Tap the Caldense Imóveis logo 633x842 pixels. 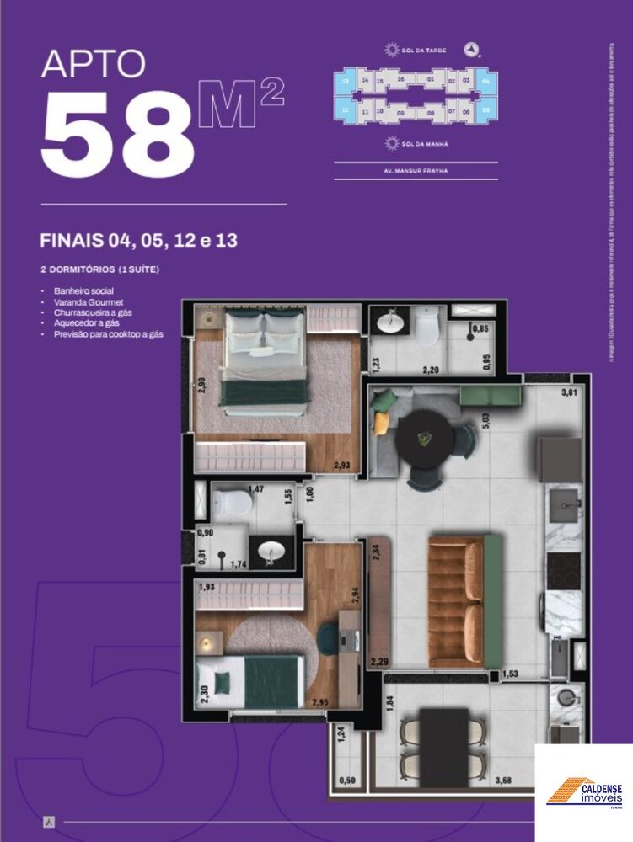[x=584, y=791]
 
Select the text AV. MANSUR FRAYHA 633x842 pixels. [x=415, y=171]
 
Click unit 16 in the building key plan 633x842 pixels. [x=401, y=80]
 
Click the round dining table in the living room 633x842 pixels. [x=426, y=436]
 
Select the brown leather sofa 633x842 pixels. [x=456, y=600]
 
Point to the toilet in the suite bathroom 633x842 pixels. [x=233, y=504]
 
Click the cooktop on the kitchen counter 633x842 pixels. [x=563, y=570]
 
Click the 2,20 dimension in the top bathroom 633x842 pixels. [x=430, y=370]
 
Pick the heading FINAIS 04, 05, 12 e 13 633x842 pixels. [x=138, y=240]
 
